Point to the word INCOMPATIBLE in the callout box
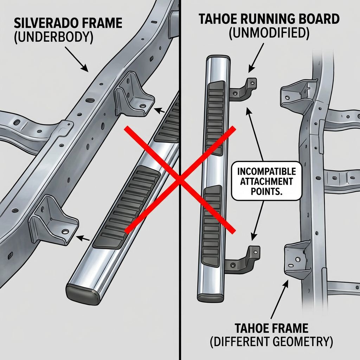pos(266,172)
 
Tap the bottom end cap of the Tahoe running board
pos(211,297)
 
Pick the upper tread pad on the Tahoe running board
pos(216,118)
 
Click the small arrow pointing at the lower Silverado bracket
pos(84,238)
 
